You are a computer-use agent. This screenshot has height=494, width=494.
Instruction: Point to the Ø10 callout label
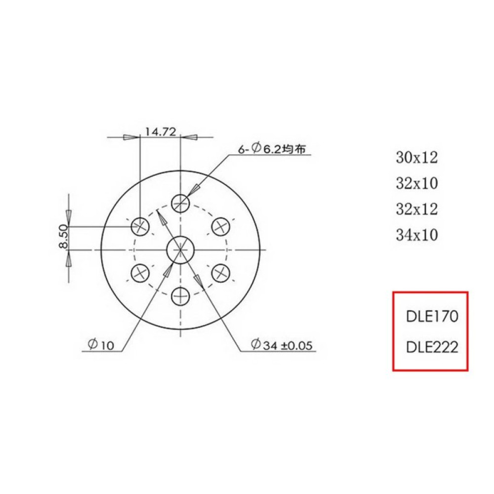coord(101,346)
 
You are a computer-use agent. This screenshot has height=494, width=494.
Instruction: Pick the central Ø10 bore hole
coord(180,250)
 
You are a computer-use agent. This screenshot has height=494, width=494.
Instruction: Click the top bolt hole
coord(181,202)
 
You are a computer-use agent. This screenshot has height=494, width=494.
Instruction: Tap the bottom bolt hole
coord(181,297)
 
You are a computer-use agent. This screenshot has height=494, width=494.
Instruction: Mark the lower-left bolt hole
coord(140,272)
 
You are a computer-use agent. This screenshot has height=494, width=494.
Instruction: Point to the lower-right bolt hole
coord(221,272)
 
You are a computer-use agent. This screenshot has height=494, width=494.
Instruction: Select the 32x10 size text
coord(416,183)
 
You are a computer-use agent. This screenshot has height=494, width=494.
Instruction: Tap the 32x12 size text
coord(416,209)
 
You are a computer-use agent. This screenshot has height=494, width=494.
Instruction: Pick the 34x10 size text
coord(416,235)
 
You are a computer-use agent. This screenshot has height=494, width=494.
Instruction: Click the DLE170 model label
coord(432,316)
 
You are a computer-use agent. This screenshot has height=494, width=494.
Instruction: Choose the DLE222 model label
coord(432,347)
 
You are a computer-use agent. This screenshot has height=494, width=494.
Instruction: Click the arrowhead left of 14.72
coord(131,137)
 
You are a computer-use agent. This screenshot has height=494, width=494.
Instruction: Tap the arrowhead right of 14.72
coord(190,137)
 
